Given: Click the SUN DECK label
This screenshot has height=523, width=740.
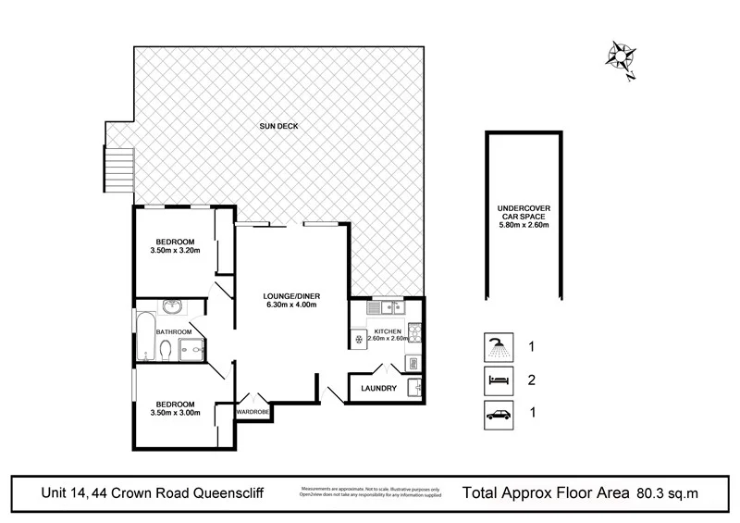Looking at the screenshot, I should tap(278, 126).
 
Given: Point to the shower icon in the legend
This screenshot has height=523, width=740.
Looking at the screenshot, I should tap(497, 348).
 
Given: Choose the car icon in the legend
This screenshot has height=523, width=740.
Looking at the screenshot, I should tap(497, 413).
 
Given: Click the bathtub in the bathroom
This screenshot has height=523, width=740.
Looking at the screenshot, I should tap(144, 337).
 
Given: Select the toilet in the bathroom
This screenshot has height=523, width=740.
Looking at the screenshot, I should tap(165, 350).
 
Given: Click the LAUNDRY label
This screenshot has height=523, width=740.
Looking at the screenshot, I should tap(379, 389).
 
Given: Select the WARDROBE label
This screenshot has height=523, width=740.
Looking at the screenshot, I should tap(253, 411).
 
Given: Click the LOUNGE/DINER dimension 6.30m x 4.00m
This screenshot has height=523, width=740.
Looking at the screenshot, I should tap(290, 305).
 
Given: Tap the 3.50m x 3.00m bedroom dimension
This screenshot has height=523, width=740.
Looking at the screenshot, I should tap(175, 413).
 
